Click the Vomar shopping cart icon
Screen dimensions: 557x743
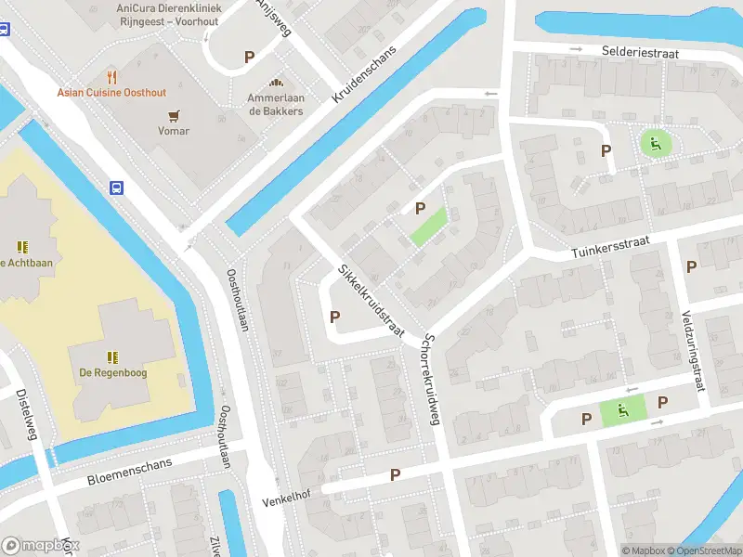click(x=173, y=115)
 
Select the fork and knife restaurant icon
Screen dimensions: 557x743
click(x=112, y=76)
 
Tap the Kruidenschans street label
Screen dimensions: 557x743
click(x=363, y=74)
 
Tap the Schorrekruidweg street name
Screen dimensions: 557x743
click(x=430, y=379)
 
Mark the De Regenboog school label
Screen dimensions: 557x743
click(x=112, y=373)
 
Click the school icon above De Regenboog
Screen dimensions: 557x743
click(x=112, y=356)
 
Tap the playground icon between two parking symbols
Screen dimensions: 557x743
click(x=623, y=408)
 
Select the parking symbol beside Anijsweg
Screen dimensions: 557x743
click(x=249, y=57)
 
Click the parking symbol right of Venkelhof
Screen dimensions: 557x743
click(x=395, y=474)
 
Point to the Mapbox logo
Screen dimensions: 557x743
click(x=39, y=546)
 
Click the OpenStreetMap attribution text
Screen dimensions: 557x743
click(x=698, y=551)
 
